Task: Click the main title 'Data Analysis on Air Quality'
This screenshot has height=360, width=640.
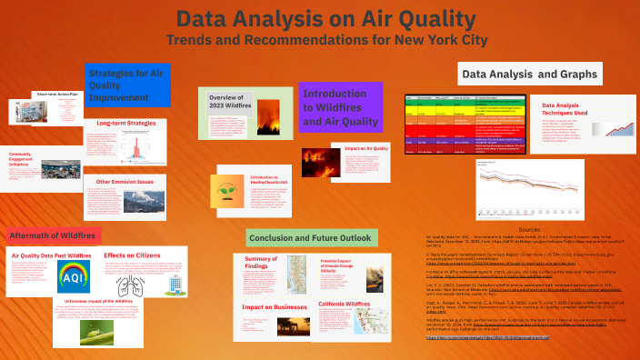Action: [320, 20]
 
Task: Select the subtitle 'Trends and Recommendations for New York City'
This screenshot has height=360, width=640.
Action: [320, 40]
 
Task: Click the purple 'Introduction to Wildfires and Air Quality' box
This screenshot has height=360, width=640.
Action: [340, 106]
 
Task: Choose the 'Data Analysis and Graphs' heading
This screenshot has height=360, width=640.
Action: [529, 74]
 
